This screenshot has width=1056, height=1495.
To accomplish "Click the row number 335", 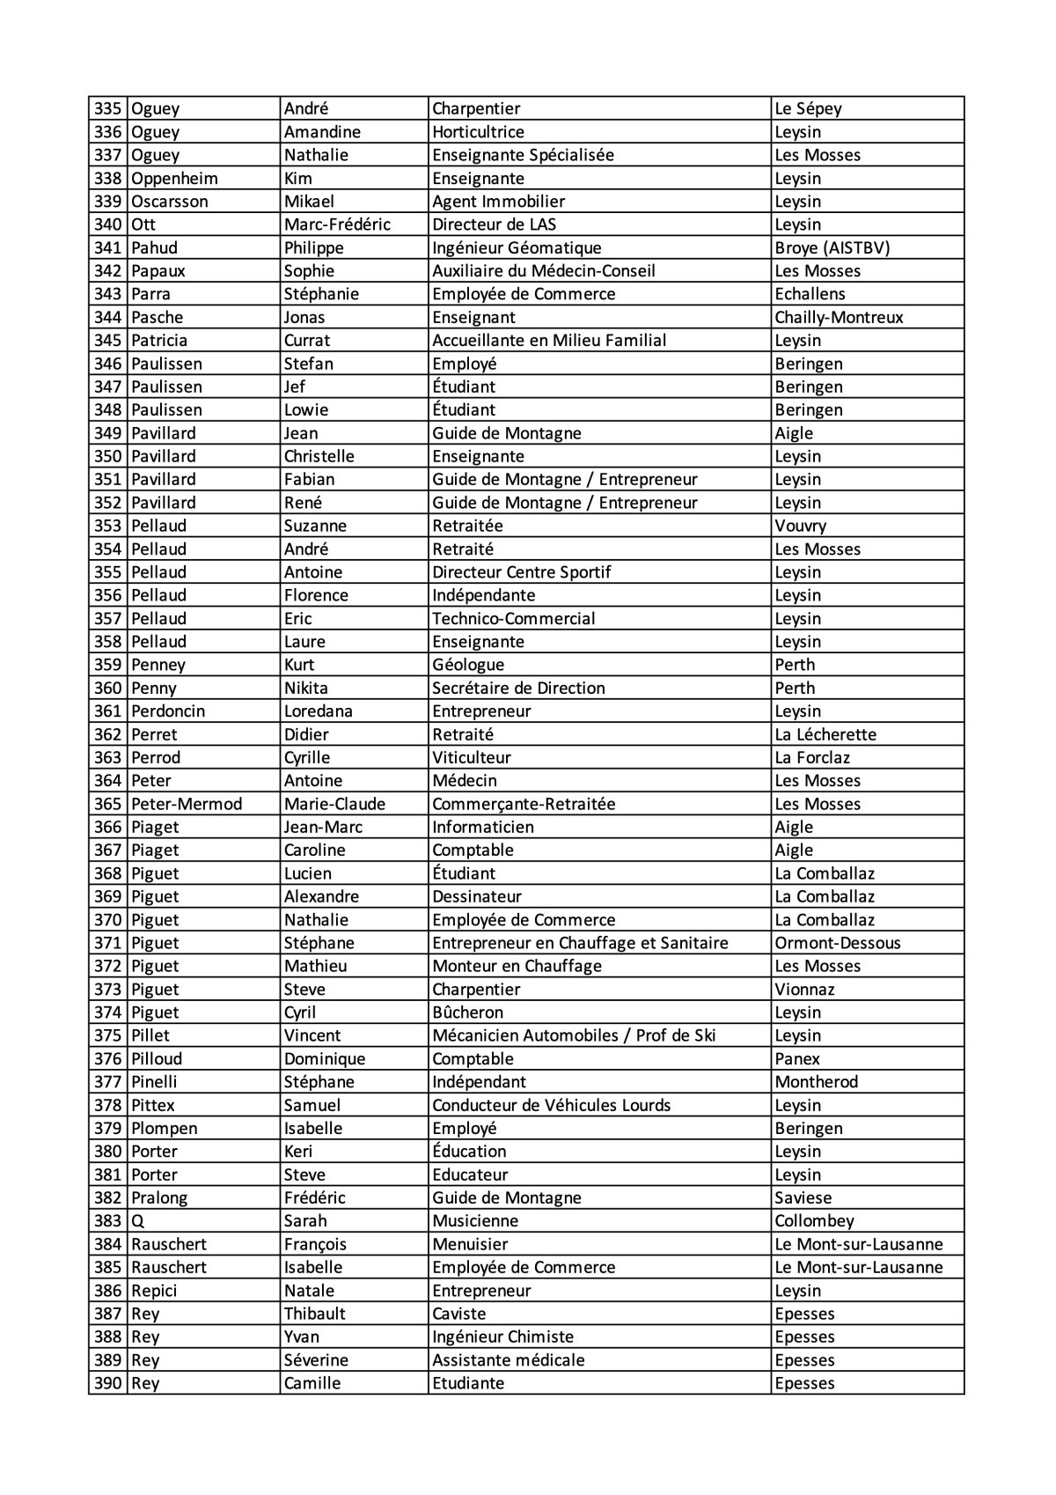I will click(x=107, y=109).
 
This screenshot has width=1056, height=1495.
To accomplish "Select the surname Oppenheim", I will click(x=174, y=179).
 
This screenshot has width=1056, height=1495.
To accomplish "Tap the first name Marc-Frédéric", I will click(x=337, y=225).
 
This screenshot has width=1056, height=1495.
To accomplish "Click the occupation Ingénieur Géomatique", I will click(x=517, y=248).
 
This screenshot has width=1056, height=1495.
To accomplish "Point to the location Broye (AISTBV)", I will click(x=832, y=248).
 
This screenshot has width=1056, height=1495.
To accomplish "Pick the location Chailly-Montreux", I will click(x=839, y=318).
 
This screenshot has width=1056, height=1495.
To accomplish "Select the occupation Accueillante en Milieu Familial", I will click(x=549, y=341).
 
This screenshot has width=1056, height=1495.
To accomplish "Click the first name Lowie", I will click(x=305, y=410).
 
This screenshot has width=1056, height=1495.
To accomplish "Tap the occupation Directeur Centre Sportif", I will click(x=521, y=572).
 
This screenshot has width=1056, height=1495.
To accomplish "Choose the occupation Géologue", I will click(x=468, y=665).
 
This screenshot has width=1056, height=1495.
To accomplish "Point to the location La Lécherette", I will click(x=825, y=734).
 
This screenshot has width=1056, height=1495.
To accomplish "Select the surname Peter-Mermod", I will click(x=187, y=804).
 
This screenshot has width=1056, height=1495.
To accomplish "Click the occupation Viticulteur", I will click(x=471, y=757).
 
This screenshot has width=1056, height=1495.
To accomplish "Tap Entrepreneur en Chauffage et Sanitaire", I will click(x=580, y=943).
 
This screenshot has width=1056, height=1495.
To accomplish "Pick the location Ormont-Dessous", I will click(x=838, y=943).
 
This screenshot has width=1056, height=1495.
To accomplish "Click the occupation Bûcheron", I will click(x=467, y=1013).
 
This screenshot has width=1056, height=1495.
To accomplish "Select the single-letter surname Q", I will click(x=137, y=1221).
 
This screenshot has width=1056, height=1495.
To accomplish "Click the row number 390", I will click(x=107, y=1383).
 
